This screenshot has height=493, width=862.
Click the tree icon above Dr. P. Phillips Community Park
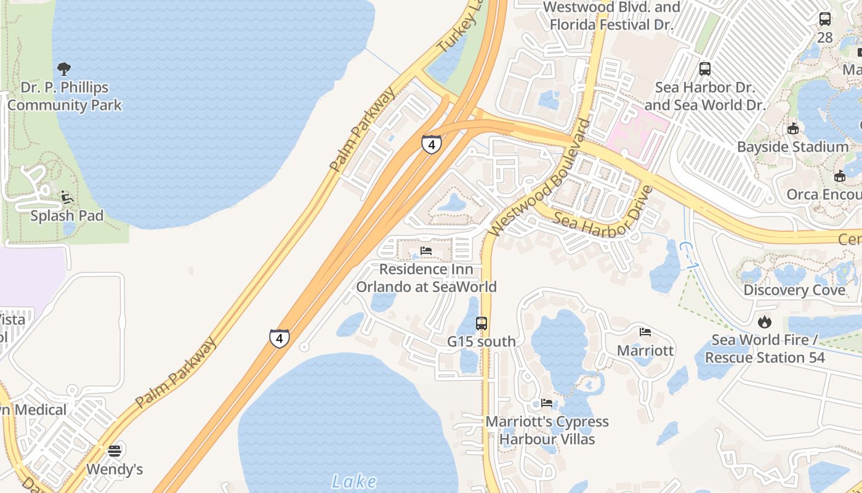(x=64, y=69)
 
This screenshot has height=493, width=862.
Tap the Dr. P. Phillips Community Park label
(x=65, y=96)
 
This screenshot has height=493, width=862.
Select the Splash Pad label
(x=67, y=216)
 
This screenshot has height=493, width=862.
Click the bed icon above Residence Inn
(x=426, y=251)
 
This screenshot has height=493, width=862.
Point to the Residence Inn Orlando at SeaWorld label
(x=426, y=278)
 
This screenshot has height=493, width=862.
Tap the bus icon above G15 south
(x=481, y=323)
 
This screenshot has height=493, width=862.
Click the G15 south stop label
(x=481, y=341)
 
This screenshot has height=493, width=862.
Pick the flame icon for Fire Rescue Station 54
(x=764, y=322)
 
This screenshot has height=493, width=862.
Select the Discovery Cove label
(x=794, y=290)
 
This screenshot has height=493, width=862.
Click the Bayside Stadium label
(x=793, y=147)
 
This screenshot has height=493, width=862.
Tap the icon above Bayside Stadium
(x=793, y=129)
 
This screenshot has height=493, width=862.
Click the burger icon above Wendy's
(x=114, y=450)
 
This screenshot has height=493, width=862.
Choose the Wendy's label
(x=114, y=469)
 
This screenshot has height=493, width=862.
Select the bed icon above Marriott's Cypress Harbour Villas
(x=547, y=403)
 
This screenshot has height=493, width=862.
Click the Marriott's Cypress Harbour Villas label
(x=547, y=430)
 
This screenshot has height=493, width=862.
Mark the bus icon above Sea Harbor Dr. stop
(x=705, y=69)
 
